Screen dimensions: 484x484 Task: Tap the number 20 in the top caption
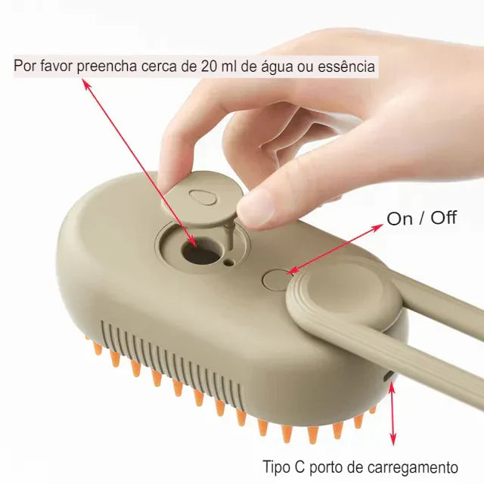coord(209,66)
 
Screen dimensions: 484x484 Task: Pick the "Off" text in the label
coord(444,218)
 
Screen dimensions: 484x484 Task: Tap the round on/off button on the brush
coord(276,279)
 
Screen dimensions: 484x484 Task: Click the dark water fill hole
coord(200,253)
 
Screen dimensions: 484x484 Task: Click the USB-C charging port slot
coord(388,376)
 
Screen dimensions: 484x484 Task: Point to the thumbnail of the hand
coord(258,206)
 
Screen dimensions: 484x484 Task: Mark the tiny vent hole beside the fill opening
coord(228,262)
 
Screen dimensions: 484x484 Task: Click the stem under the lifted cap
coord(228,236)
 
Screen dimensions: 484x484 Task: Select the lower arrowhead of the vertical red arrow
coord(392,439)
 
